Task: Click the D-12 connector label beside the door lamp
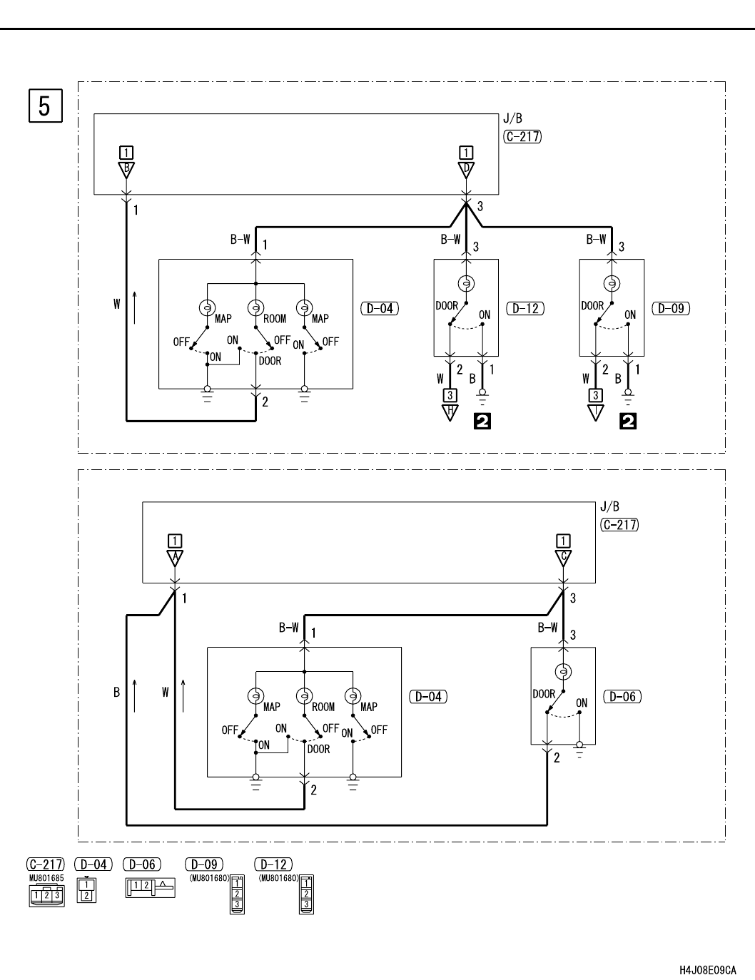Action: coord(525,309)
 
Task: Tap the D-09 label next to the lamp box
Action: coord(671,309)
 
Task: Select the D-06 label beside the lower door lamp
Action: coord(622,696)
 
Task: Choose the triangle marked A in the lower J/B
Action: coord(175,558)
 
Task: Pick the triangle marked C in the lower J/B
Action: coord(563,558)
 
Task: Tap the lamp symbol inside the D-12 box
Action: coord(466,283)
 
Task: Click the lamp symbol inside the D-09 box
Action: coord(612,283)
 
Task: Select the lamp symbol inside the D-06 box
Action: coord(563,671)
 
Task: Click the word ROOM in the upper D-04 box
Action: coord(275,319)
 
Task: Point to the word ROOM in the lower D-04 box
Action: coord(323,707)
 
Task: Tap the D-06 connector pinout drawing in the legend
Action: coord(150,887)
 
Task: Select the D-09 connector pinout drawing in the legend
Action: coord(237,894)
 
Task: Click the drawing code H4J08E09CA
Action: coord(708,971)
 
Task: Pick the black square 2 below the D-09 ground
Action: coord(629,422)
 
